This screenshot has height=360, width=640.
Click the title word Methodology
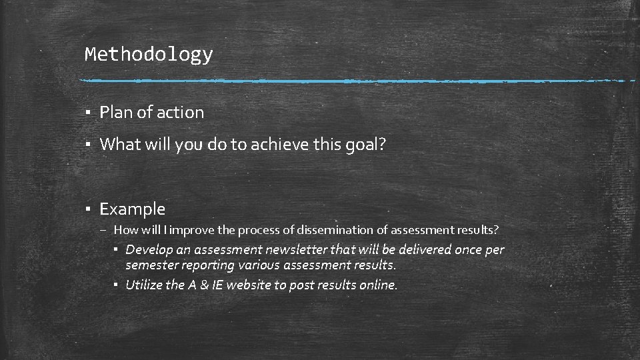click(x=149, y=55)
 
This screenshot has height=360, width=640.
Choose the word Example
click(x=132, y=209)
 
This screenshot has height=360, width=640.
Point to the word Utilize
click(x=144, y=285)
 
